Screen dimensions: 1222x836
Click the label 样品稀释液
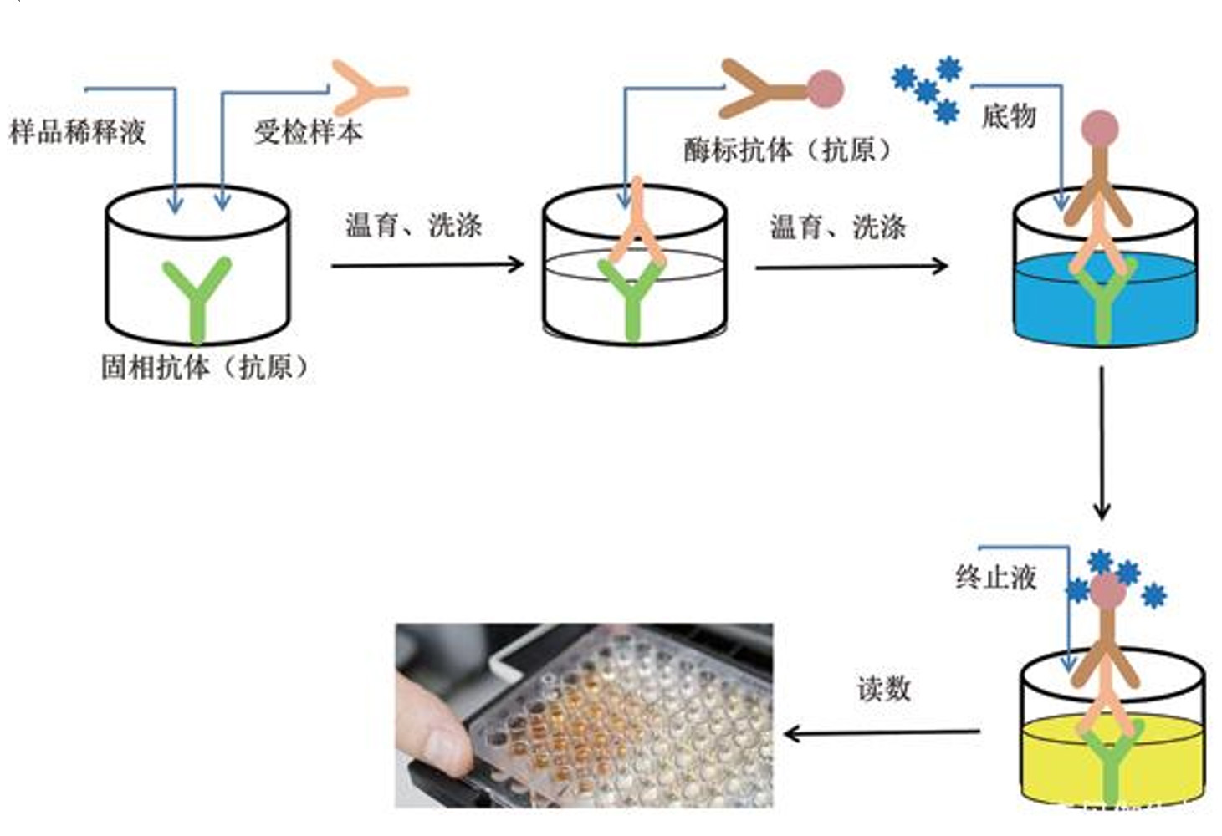pyautogui.click(x=78, y=131)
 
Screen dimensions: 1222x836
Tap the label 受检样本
pyautogui.click(x=309, y=131)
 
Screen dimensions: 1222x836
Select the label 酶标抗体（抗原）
pyautogui.click(x=788, y=150)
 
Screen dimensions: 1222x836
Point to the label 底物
pyautogui.click(x=1009, y=115)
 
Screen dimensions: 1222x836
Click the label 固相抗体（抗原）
pyautogui.click(x=205, y=367)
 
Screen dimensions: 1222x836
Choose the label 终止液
pyautogui.click(x=995, y=577)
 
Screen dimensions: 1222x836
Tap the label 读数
pyautogui.click(x=884, y=689)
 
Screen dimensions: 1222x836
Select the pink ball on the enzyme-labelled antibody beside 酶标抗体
pyautogui.click(x=826, y=89)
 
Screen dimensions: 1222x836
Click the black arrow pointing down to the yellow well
pyautogui.click(x=1102, y=443)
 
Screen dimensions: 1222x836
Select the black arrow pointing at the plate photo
pyautogui.click(x=882, y=732)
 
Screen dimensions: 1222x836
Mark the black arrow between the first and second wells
pyautogui.click(x=427, y=265)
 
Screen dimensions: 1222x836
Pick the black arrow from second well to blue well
pyautogui.click(x=851, y=267)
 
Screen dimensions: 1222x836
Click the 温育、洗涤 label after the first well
pyautogui.click(x=414, y=225)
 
